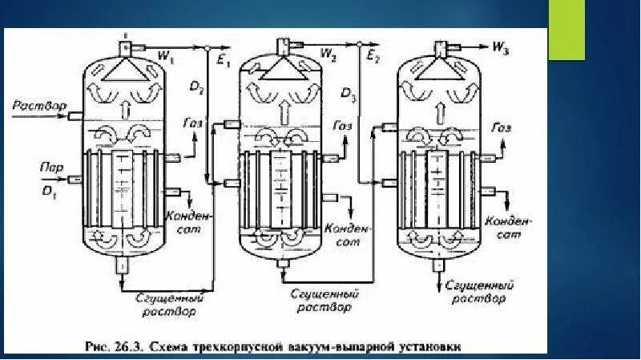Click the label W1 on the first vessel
167,56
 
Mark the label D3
349,95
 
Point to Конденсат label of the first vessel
187,221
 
